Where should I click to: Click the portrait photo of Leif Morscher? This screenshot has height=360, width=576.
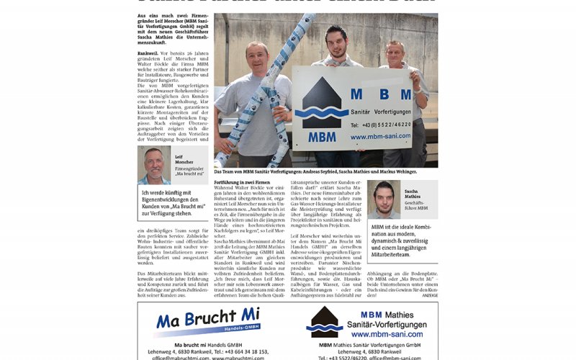154,166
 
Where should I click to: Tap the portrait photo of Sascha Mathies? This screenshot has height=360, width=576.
383,199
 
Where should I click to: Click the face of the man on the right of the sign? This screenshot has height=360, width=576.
395,54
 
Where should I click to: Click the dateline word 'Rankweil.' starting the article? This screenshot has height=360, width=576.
149,53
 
